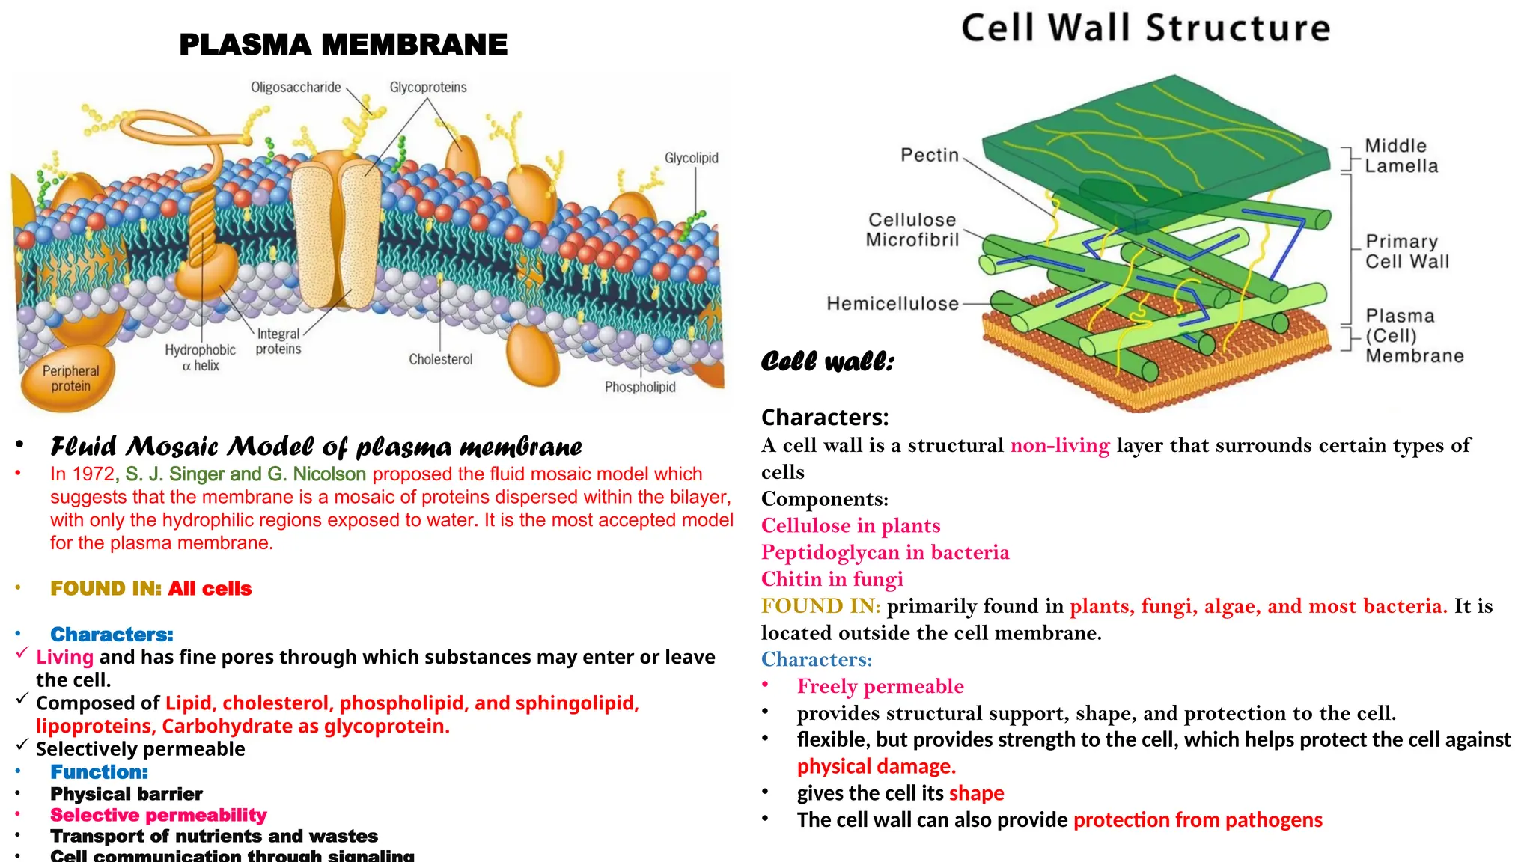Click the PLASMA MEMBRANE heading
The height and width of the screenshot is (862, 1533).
pos(343,45)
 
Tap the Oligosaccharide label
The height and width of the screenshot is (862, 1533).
pos(296,88)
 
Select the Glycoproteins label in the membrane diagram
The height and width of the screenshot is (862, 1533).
pos(427,88)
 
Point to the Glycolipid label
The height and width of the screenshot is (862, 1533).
pos(691,158)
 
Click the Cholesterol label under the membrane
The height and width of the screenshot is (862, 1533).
pos(440,359)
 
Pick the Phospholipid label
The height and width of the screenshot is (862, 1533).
pos(639,387)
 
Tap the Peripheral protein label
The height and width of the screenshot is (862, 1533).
pos(70,379)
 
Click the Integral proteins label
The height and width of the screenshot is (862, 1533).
pos(278,341)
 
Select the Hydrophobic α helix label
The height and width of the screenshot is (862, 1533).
pos(200,358)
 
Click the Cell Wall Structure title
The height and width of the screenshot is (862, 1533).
pos(1145,28)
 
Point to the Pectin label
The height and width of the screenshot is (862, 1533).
pos(929,155)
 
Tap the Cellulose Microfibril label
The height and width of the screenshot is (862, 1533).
pos(912,230)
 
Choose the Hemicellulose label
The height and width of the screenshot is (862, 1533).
pos(892,303)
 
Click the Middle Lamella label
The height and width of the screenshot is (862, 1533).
pos(1401,156)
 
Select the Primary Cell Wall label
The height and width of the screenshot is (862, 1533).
pos(1406,251)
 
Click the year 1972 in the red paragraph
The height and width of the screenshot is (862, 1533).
pos(94,474)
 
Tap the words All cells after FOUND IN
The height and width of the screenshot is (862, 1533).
pos(210,589)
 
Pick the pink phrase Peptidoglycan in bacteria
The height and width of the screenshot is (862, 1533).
pos(885,552)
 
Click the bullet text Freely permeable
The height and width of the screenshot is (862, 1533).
pos(880,686)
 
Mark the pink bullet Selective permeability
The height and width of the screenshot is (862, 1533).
pos(158,815)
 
